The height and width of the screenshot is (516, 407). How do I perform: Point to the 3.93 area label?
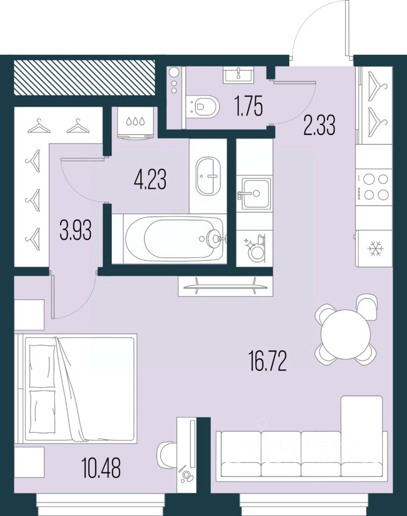(x=74, y=232)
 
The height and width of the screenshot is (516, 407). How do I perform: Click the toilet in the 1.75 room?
(x=203, y=106)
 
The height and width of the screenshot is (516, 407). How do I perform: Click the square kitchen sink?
(x=254, y=192)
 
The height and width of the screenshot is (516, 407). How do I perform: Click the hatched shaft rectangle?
(x=84, y=77)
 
